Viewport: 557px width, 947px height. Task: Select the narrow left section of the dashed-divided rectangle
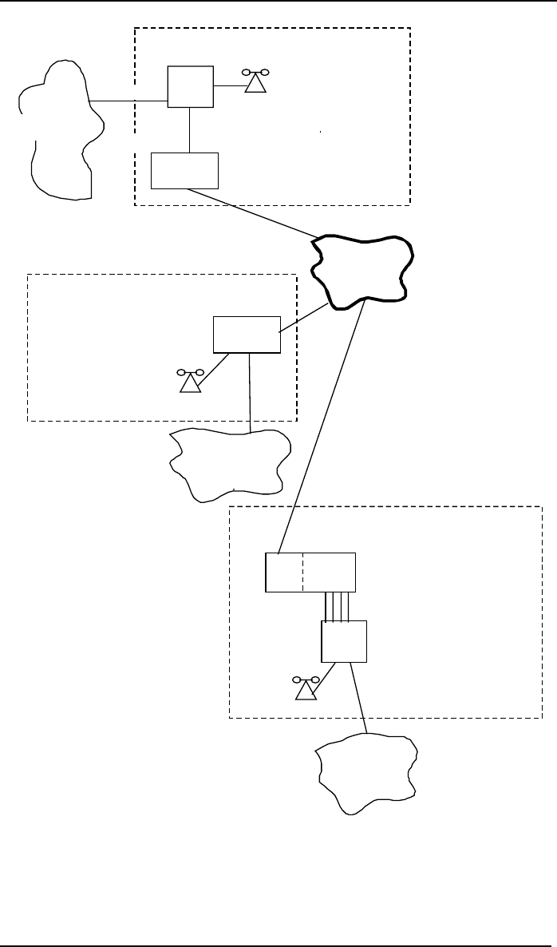point(284,572)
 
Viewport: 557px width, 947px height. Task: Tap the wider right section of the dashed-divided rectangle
point(329,572)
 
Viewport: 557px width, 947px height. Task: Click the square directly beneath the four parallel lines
point(343,641)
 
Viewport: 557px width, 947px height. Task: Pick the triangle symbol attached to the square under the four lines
point(306,690)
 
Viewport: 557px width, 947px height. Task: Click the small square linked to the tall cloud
point(190,86)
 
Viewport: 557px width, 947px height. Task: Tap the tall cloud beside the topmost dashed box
point(60,128)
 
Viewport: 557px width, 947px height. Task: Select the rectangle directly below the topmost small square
point(184,170)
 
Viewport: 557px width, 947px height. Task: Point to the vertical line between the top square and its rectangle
point(189,129)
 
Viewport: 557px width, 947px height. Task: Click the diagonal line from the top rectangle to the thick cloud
point(251,212)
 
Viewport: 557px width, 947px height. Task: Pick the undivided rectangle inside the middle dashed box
point(247,335)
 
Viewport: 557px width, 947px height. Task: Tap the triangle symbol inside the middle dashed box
point(190,382)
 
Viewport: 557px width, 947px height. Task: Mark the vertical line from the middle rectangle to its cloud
point(251,391)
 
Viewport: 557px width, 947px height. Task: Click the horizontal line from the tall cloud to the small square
point(128,101)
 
